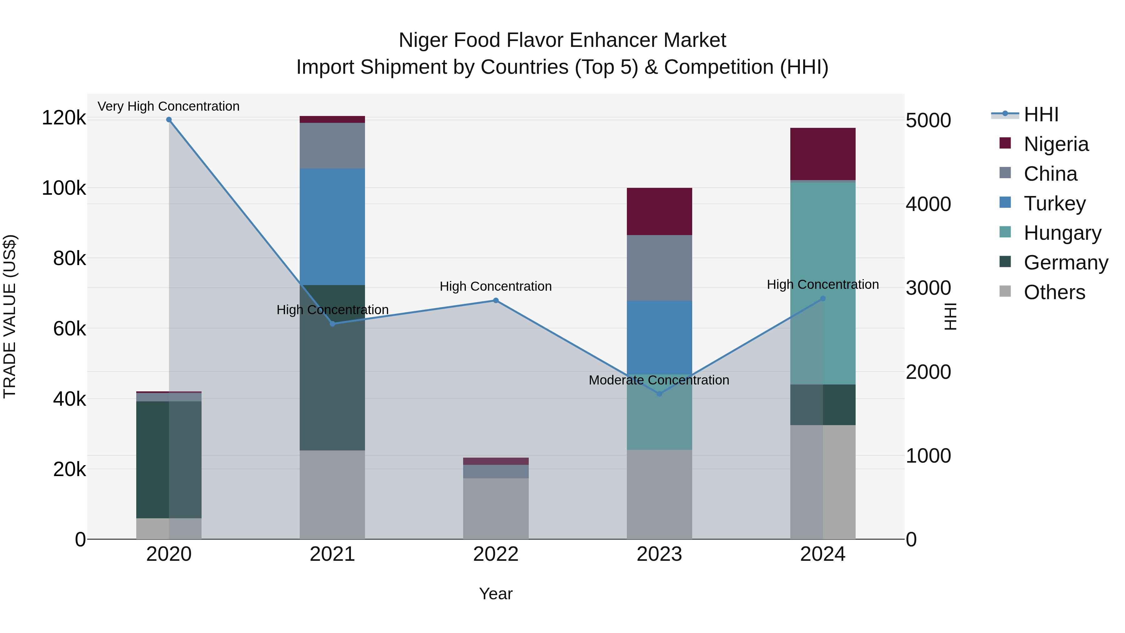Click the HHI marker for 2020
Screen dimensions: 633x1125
pyautogui.click(x=169, y=120)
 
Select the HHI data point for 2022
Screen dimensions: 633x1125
pyautogui.click(x=496, y=300)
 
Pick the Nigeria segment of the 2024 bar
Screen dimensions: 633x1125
pyautogui.click(x=823, y=154)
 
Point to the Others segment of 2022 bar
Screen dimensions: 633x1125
pyautogui.click(x=496, y=509)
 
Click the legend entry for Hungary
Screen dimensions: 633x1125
pyautogui.click(x=1062, y=233)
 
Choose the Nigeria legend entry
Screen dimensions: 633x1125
pyautogui.click(x=1056, y=144)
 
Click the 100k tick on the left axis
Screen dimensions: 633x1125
pyautogui.click(x=64, y=188)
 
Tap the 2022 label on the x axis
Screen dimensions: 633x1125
pyautogui.click(x=496, y=554)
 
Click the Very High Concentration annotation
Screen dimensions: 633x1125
pyautogui.click(x=168, y=106)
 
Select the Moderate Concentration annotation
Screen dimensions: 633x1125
pyautogui.click(x=658, y=380)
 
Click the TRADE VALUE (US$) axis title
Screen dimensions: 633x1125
pyautogui.click(x=10, y=316)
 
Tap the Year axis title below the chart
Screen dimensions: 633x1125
pyautogui.click(x=496, y=594)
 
